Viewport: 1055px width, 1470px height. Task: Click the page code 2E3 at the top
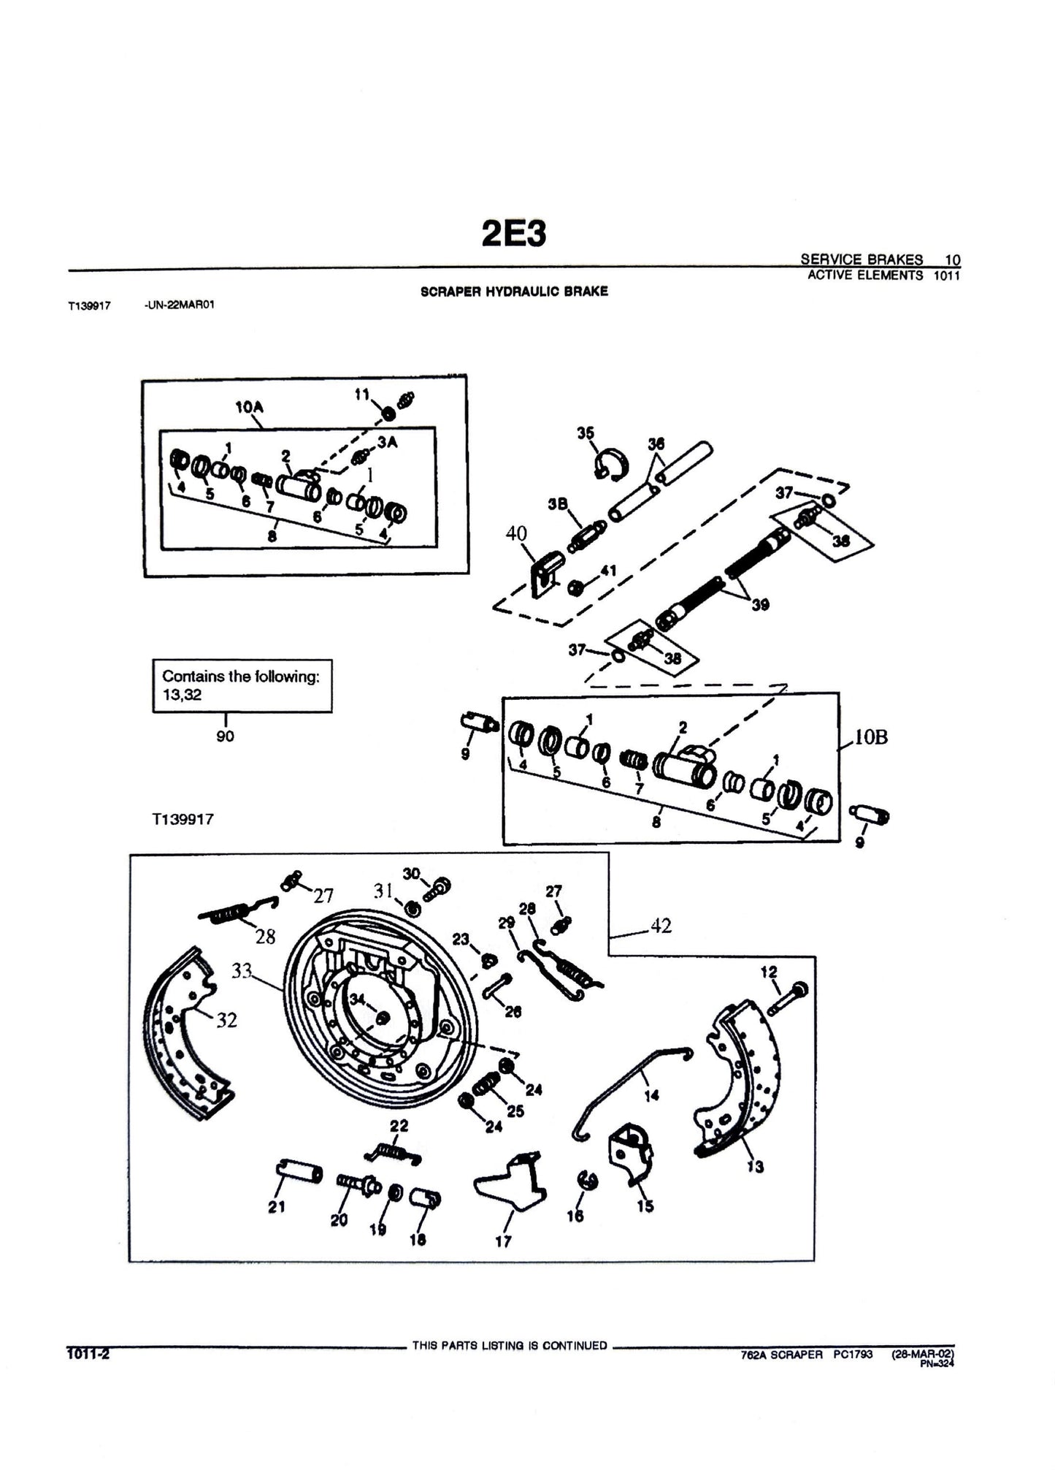514,234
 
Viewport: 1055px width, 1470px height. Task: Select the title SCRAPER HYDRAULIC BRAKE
514,292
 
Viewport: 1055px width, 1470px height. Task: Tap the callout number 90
225,736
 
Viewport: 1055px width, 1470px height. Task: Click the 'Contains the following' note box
242,685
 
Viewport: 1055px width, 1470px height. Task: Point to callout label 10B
871,737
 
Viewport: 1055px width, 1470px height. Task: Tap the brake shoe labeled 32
183,1030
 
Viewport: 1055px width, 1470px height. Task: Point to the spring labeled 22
392,1152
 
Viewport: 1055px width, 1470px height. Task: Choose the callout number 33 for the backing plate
242,971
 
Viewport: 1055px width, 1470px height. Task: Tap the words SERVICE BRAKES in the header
861,259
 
